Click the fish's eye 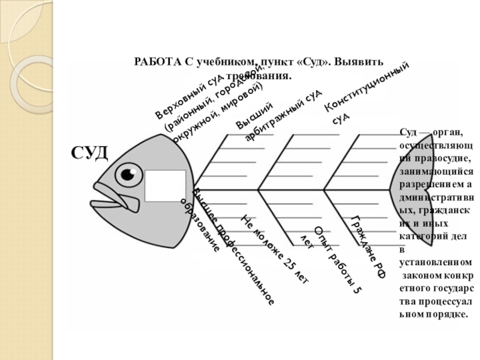[127, 174]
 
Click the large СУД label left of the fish [90, 153]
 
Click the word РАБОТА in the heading [157, 62]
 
